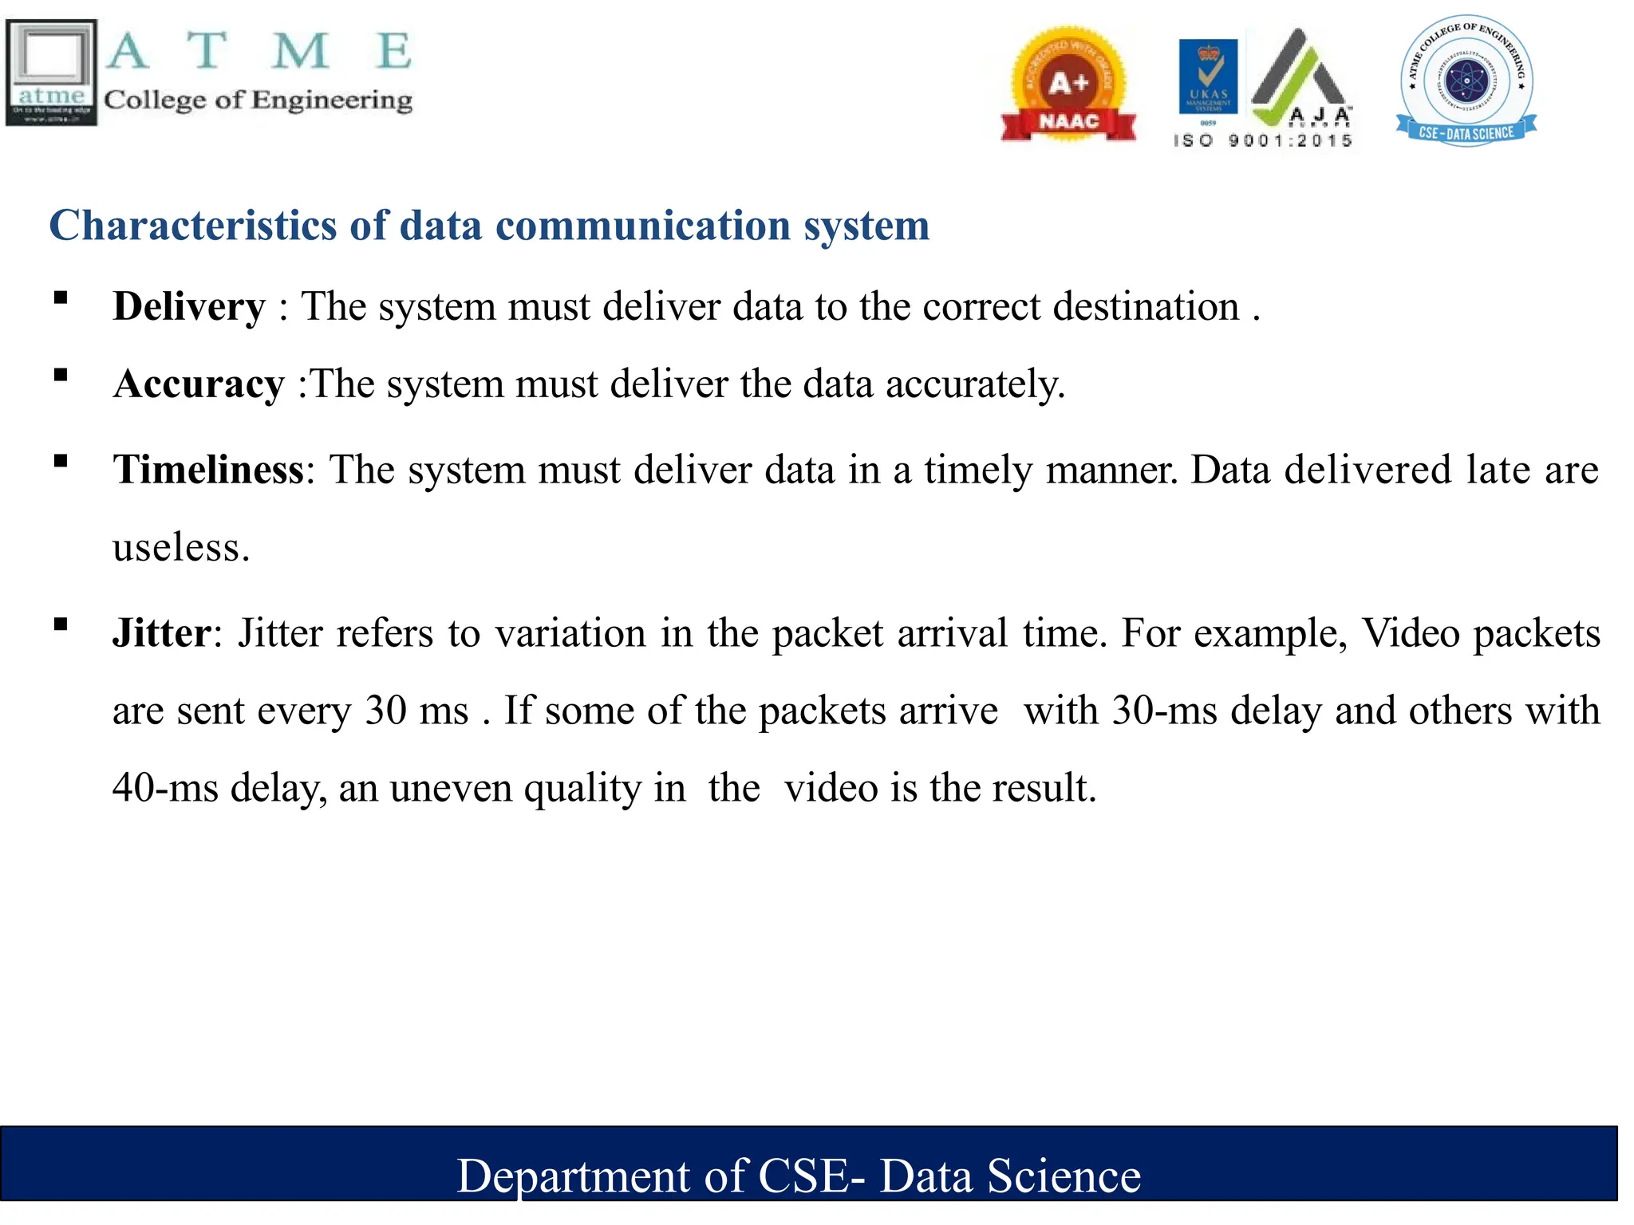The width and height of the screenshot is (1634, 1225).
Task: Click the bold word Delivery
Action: click(189, 307)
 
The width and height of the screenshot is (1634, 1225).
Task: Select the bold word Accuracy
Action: click(199, 384)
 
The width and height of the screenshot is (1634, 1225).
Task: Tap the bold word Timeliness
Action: click(208, 470)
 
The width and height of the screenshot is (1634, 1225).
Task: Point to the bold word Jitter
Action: click(162, 633)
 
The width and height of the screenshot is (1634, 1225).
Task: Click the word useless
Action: click(181, 548)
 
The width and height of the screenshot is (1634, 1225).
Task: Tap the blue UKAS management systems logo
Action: click(1208, 77)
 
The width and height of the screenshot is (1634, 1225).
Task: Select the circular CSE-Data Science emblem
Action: click(1466, 81)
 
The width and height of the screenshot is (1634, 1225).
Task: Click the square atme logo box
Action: click(51, 73)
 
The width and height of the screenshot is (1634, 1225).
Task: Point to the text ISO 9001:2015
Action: click(1263, 141)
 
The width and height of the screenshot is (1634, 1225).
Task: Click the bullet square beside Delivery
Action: click(61, 298)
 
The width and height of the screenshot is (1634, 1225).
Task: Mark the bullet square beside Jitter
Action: click(61, 624)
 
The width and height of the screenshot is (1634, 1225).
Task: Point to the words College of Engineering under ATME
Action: click(258, 100)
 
